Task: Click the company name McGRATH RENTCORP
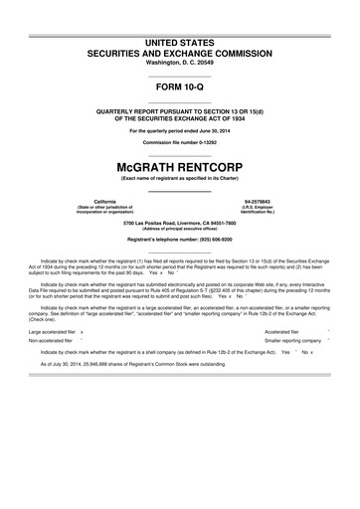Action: (x=180, y=162)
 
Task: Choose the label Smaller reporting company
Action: (x=299, y=340)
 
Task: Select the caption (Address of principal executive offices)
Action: (x=180, y=229)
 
